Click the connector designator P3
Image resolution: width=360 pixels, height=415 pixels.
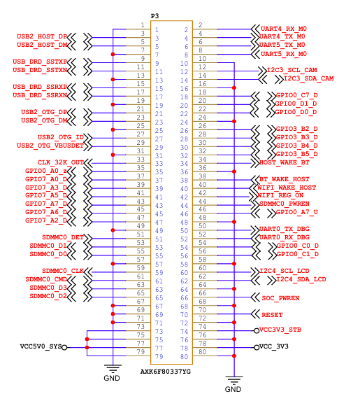[154, 16]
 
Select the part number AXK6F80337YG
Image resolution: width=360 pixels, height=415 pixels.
[166, 372]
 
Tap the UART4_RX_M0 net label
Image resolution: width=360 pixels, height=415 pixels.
[284, 29]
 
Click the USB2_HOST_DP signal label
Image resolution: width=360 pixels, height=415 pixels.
[42, 36]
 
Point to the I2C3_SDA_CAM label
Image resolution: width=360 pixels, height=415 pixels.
[309, 78]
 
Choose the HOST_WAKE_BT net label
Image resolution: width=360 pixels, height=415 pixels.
[284, 162]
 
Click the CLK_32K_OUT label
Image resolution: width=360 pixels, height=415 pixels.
[61, 162]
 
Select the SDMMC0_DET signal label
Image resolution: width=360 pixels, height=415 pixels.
[63, 237]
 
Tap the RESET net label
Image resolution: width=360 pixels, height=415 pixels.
[272, 315]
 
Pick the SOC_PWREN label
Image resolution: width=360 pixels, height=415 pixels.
[280, 298]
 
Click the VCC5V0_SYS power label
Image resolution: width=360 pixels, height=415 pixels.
[41, 346]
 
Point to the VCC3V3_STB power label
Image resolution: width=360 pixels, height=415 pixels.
[280, 330]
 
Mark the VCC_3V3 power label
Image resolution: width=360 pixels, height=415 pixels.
[274, 346]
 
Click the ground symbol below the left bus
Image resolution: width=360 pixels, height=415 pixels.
[113, 368]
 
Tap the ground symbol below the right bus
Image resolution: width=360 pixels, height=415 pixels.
[234, 380]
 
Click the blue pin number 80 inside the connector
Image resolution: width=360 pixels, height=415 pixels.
[184, 357]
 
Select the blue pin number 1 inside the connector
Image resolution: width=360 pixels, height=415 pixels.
[157, 30]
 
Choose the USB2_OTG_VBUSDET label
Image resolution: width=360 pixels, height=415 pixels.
[50, 146]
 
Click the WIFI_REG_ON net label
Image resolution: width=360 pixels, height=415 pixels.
[280, 195]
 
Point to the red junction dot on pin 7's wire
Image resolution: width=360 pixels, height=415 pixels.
[113, 55]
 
